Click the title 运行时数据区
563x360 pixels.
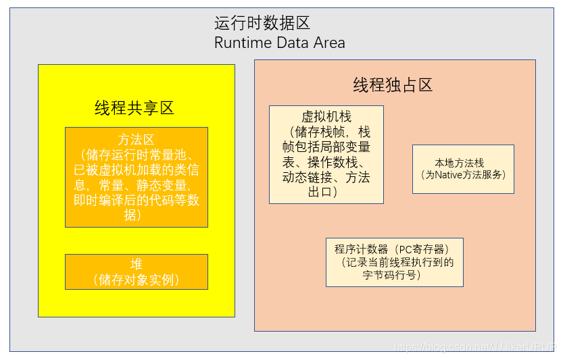(x=262, y=23)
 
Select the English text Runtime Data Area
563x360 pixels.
(x=279, y=43)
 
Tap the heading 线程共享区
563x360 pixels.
(x=134, y=108)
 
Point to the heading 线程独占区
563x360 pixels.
(x=393, y=85)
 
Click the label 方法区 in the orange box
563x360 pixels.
(x=136, y=140)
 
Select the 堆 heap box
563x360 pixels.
(x=136, y=272)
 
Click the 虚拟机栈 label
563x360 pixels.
(x=326, y=116)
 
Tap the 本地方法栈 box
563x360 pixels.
(x=463, y=169)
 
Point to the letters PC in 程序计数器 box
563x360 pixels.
(x=404, y=249)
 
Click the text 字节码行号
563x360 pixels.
(x=391, y=275)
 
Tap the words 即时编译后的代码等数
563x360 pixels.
(x=136, y=201)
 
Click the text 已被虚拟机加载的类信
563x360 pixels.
(x=136, y=170)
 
